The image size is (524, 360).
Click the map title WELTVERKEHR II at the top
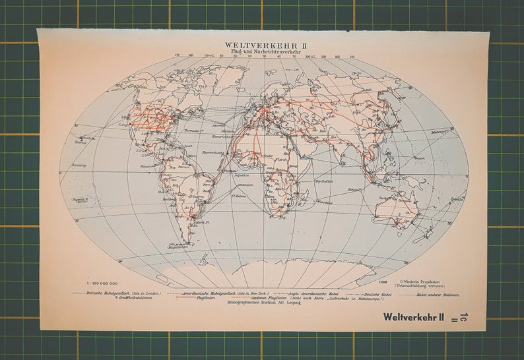coord(262,45)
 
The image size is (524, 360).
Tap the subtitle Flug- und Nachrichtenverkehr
coord(262,51)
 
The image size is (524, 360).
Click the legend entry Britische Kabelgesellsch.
coord(103,293)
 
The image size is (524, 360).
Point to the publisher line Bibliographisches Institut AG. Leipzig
coord(262,304)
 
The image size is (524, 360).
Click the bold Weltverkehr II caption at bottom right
coord(412,317)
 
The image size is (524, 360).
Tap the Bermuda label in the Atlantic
coord(194,132)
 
